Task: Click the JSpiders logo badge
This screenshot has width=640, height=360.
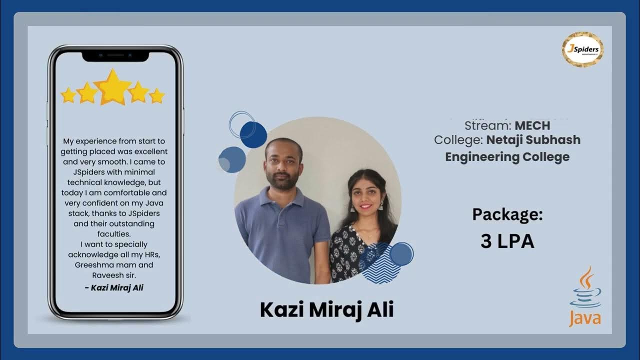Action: tap(582, 49)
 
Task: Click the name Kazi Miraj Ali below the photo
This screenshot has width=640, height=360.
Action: tap(326, 309)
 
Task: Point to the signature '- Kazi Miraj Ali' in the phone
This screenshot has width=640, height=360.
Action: tap(114, 287)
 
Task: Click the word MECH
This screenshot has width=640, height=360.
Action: tap(532, 125)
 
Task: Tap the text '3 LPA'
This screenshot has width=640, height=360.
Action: tap(507, 241)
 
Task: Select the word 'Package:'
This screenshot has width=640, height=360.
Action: tap(507, 214)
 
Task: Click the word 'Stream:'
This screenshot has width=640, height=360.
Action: tap(488, 125)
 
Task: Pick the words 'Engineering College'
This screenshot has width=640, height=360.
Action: tap(507, 157)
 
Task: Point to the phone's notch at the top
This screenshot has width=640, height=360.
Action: tap(115, 55)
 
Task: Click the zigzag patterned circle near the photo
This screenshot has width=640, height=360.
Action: tap(380, 263)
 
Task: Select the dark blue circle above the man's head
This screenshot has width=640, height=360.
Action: tap(253, 134)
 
